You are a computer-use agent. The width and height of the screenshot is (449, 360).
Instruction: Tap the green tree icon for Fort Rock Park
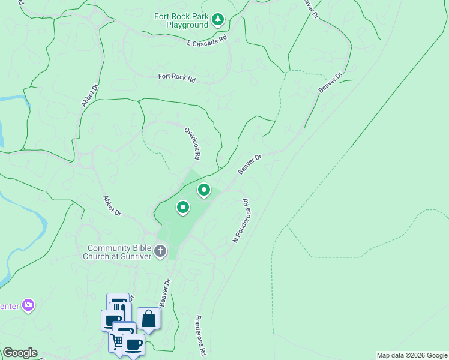218,21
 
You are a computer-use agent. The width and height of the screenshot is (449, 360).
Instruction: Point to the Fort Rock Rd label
177,77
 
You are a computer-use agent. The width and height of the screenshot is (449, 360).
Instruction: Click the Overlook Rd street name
192,143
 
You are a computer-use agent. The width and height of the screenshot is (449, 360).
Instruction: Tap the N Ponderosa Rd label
241,220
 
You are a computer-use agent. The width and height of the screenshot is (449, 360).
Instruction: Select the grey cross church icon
160,251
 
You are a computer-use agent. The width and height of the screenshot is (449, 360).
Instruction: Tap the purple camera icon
28,305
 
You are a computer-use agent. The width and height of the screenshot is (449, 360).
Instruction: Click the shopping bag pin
148,319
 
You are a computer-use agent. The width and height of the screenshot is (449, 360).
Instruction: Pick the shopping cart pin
117,341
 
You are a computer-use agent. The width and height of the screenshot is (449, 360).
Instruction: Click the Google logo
20,353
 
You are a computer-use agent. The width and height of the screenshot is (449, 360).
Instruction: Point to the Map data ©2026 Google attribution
411,355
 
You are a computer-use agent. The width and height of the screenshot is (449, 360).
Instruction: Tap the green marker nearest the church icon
182,208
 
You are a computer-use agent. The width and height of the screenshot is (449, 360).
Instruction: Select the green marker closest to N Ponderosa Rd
204,191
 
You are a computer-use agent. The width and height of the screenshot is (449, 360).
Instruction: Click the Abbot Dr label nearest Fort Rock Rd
89,95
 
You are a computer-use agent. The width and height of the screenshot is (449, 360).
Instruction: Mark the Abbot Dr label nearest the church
112,206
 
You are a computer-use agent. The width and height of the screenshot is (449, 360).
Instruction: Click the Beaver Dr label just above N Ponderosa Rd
250,164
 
